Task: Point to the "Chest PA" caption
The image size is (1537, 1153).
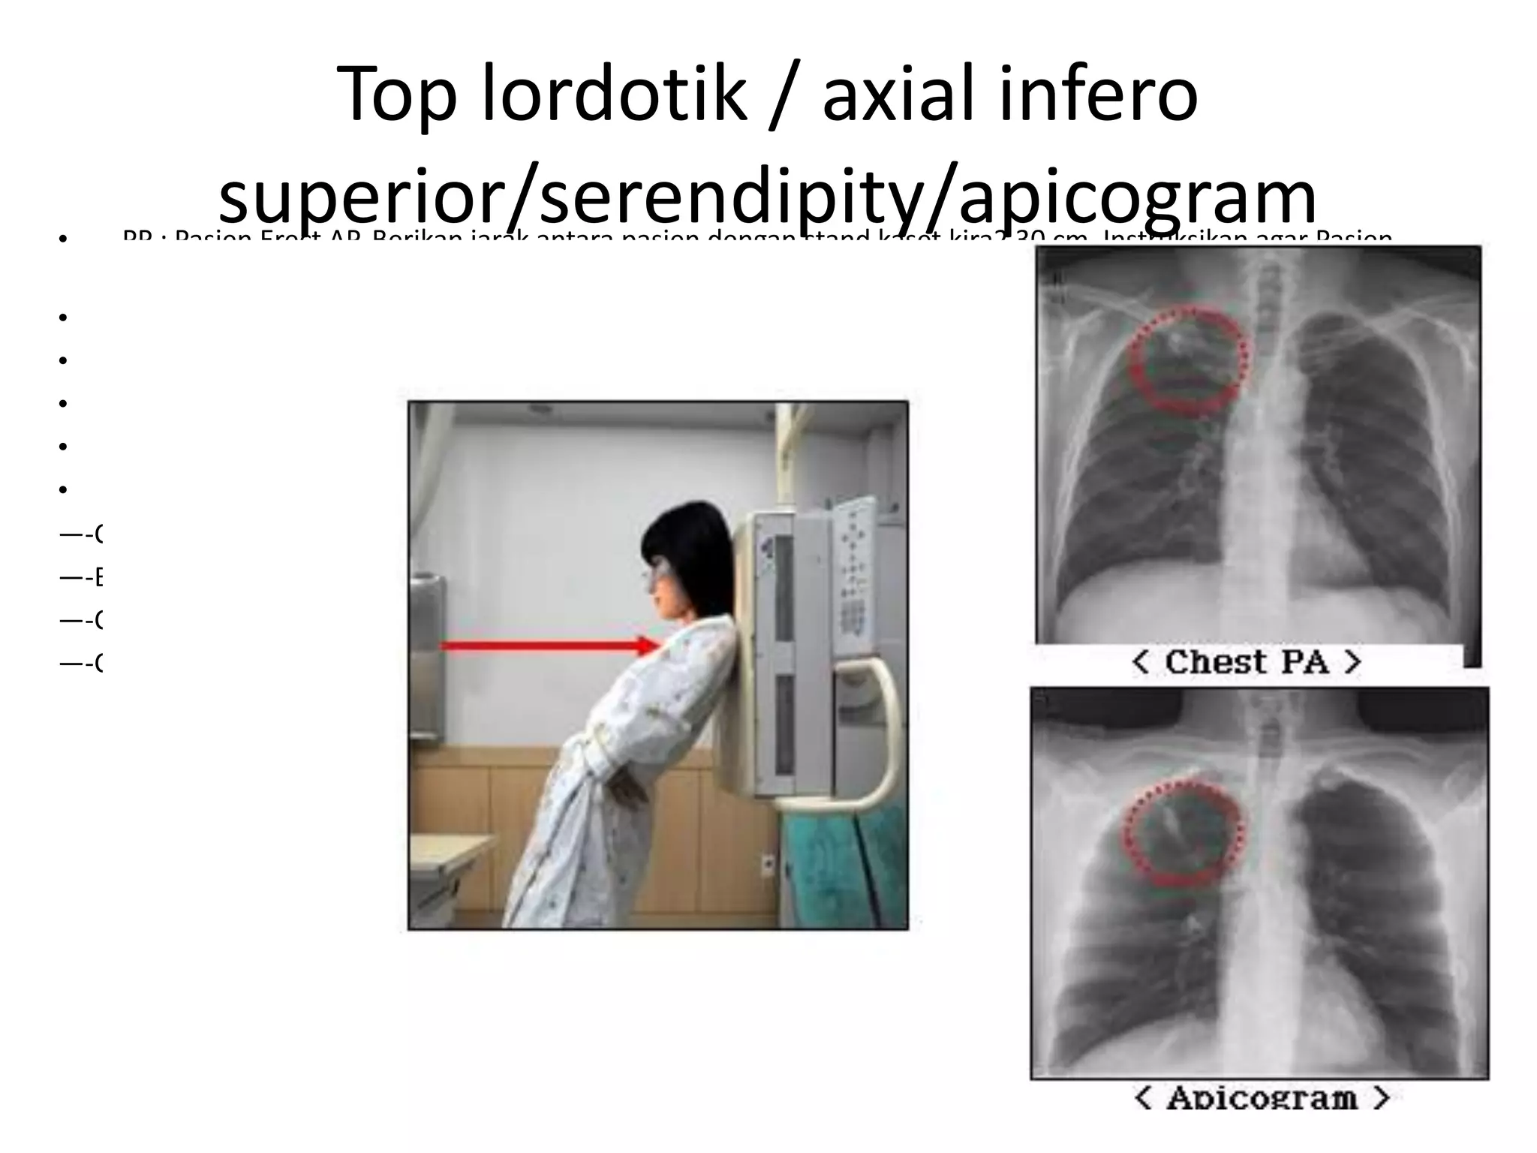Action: pyautogui.click(x=1247, y=663)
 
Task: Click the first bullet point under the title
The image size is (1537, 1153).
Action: pyautogui.click(x=63, y=241)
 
